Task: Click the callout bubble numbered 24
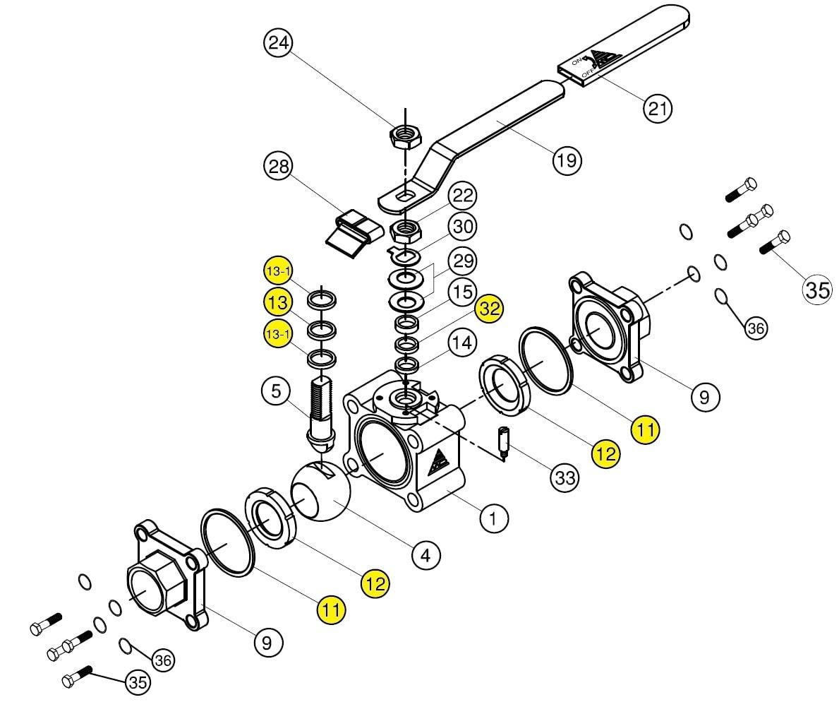point(279,43)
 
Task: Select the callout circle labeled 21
point(657,108)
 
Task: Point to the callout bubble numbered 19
point(567,160)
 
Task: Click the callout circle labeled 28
point(279,167)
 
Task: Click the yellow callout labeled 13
point(279,302)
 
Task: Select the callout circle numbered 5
point(276,391)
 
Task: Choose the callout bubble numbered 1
point(493,518)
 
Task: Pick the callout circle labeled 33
point(565,477)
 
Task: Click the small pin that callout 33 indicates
point(504,443)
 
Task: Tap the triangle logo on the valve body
point(437,460)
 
